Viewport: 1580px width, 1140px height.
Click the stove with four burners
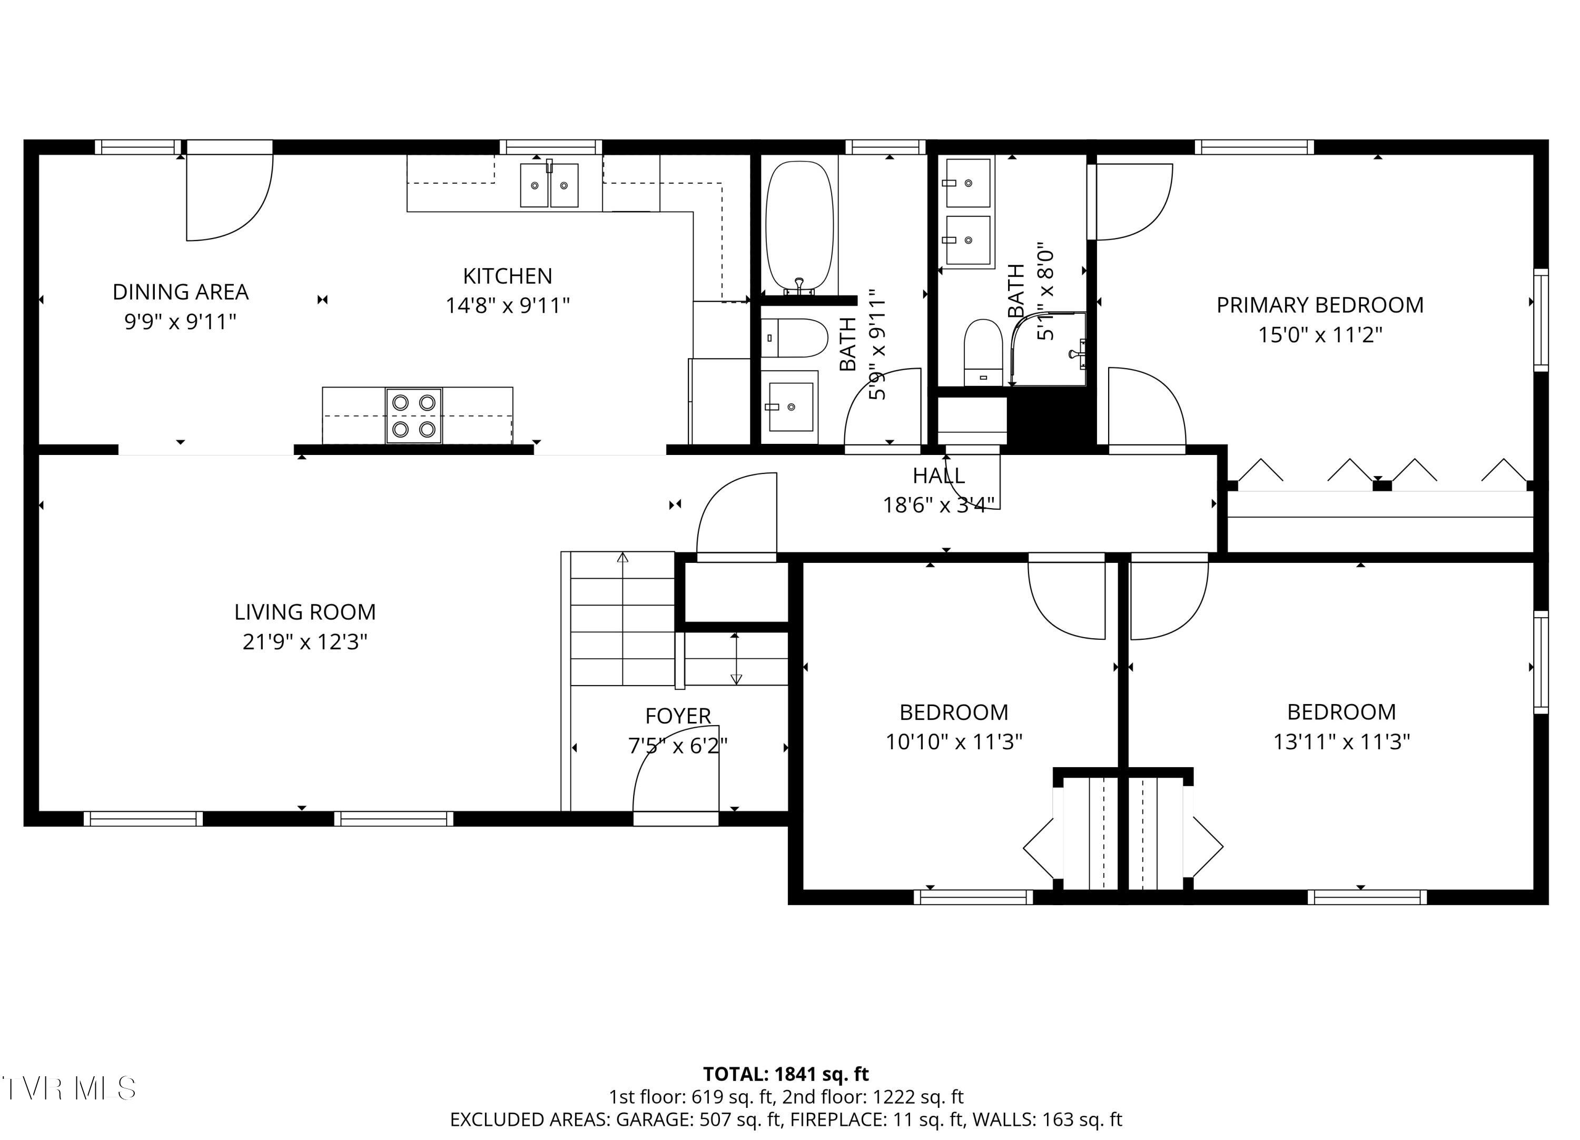click(414, 416)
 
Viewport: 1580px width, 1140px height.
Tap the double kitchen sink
click(549, 185)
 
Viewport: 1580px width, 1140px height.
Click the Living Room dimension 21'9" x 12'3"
click(304, 641)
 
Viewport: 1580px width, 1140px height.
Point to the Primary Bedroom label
click(1319, 305)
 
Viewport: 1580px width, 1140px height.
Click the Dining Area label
click(181, 292)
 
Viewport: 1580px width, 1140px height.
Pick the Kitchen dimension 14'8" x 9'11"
click(507, 306)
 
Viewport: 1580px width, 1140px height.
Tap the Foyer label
click(677, 716)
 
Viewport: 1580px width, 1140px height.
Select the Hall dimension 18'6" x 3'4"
click(939, 505)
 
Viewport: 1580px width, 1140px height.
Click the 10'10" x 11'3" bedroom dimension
click(953, 742)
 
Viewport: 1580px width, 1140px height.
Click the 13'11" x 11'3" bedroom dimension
click(1341, 742)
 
